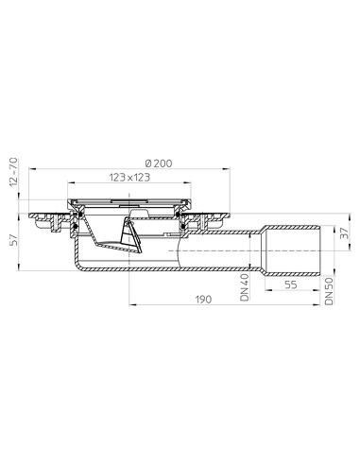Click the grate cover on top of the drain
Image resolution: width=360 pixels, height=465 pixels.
pyautogui.click(x=129, y=201)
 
